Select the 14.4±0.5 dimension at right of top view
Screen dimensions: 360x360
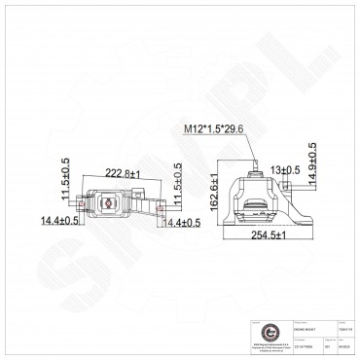(180, 223)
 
